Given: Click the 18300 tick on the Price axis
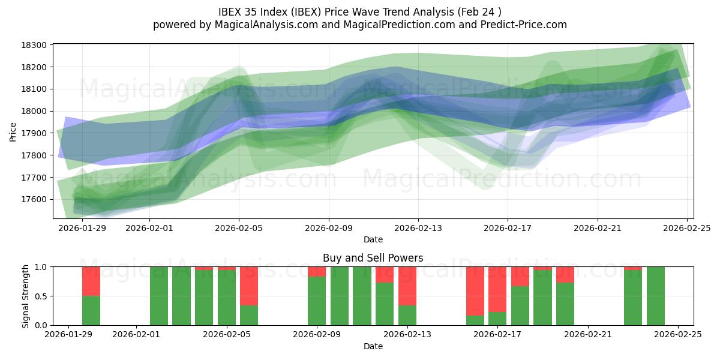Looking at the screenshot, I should click(x=35, y=45).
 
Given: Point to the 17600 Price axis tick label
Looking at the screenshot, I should click(x=35, y=199).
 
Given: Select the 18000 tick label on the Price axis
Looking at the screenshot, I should click(x=35, y=111).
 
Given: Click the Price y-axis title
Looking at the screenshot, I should click(x=13, y=131).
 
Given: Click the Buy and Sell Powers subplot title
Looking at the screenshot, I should click(x=373, y=258).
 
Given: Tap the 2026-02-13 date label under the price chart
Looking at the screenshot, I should click(x=418, y=228).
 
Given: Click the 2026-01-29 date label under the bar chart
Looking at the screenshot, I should click(x=69, y=335).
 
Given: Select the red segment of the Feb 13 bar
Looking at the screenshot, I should click(x=407, y=286).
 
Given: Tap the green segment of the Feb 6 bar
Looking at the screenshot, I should click(x=249, y=315).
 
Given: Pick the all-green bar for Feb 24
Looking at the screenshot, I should click(x=656, y=296).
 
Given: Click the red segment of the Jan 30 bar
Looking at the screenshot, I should click(x=91, y=281).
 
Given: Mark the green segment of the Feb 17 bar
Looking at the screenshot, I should click(x=497, y=319).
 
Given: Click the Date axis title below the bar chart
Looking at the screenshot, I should click(x=373, y=346).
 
